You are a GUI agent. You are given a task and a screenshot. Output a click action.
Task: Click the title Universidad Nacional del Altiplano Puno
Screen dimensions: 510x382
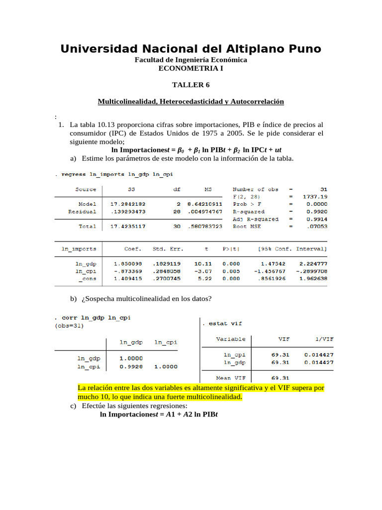191,49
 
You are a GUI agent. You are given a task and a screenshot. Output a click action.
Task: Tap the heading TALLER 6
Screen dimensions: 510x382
191,85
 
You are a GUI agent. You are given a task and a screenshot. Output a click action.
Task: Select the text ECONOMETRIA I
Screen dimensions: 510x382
191,68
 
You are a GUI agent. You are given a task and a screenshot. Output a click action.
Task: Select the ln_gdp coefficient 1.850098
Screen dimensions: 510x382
128,263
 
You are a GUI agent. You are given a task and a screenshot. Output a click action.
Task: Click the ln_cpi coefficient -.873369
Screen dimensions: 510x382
127,271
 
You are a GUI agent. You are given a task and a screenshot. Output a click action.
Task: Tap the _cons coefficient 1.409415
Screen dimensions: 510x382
128,278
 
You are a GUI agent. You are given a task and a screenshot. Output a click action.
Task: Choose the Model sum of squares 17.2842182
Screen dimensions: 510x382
128,204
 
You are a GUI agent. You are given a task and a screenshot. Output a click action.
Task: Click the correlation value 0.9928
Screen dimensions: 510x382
131,367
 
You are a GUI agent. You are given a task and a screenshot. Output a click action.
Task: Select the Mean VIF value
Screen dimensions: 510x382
281,378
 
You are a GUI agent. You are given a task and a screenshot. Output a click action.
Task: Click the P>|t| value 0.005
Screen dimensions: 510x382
231,271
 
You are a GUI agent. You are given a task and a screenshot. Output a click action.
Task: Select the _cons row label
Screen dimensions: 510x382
88,278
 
